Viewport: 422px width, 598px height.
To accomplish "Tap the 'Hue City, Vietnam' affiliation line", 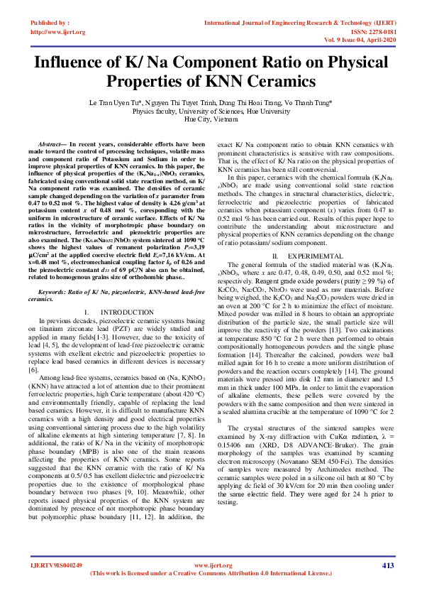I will pyautogui.click(x=211, y=120).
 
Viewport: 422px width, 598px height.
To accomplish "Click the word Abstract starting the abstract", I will pyautogui.click(x=54, y=144).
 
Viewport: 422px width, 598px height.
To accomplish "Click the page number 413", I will pyautogui.click(x=387, y=565).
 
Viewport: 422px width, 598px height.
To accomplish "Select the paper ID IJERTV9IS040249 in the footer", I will pyautogui.click(x=56, y=565).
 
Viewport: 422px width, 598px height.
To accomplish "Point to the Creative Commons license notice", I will pyautogui.click(x=210, y=573).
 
